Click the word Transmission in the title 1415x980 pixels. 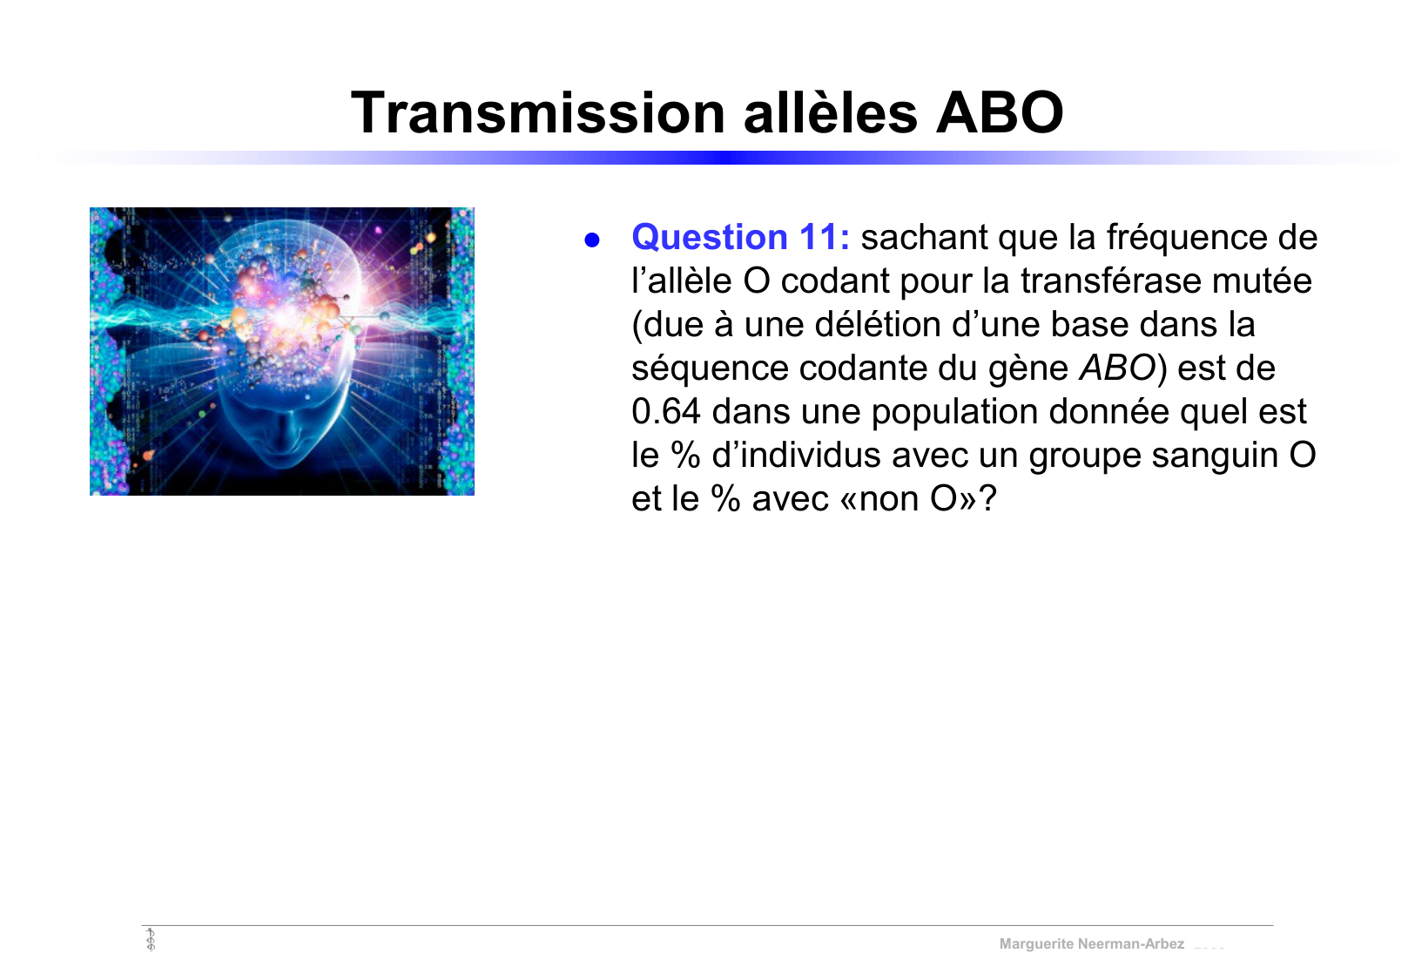point(537,113)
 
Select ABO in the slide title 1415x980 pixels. point(1000,113)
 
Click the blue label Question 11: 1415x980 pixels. point(740,238)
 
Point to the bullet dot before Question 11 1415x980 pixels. point(592,240)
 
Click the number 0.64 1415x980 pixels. point(665,412)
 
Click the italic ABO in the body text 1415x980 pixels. point(1116,368)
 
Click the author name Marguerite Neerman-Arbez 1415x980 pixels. point(1091,944)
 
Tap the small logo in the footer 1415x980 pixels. point(151,940)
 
